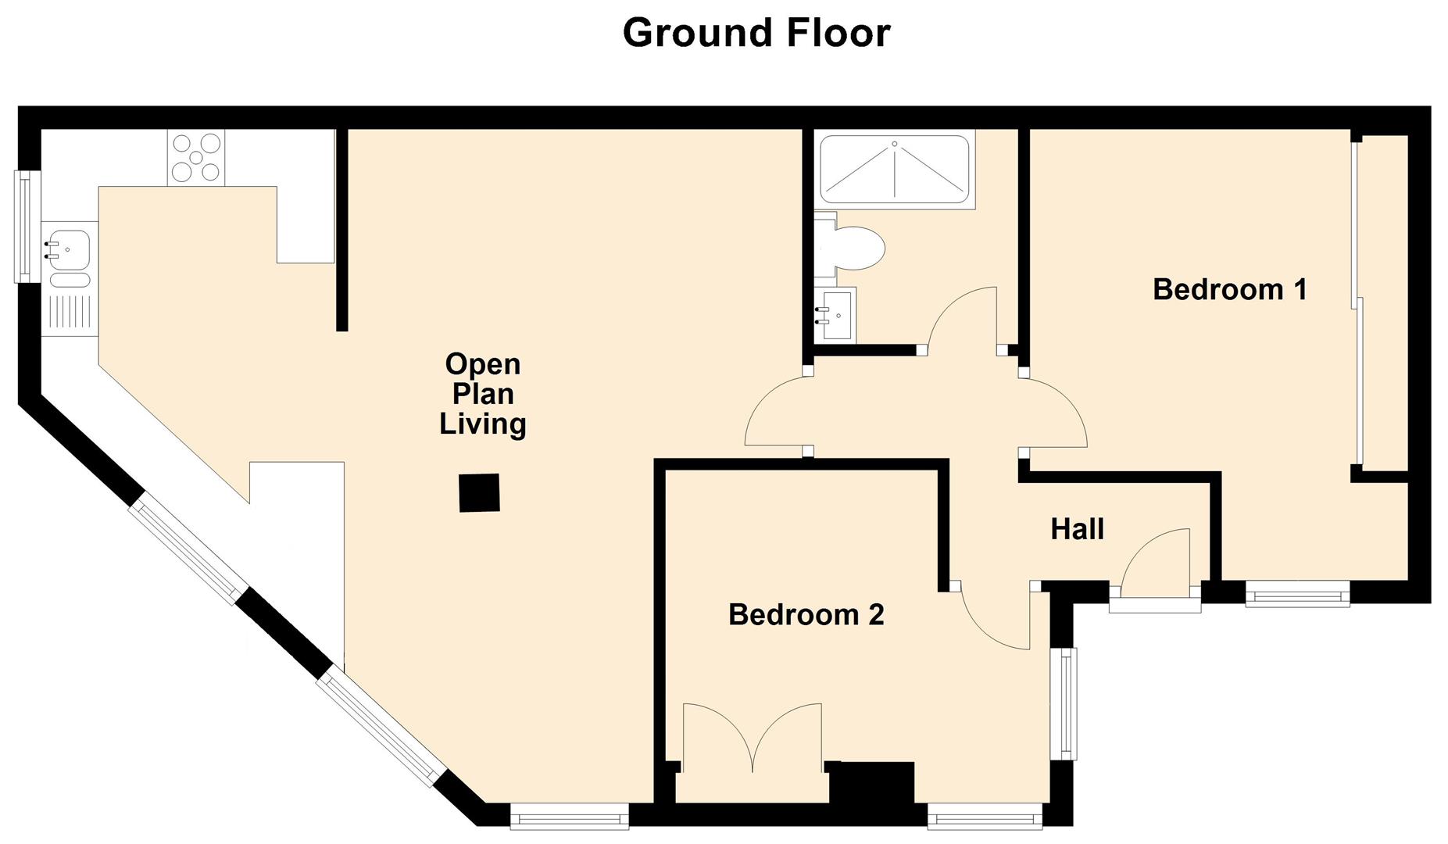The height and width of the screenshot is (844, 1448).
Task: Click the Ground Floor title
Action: click(x=756, y=33)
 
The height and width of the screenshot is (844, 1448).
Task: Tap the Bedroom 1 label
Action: click(x=1229, y=290)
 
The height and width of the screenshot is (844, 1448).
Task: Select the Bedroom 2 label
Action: click(x=806, y=615)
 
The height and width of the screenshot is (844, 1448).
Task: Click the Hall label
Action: click(x=1077, y=529)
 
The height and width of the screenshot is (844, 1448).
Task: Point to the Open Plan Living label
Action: click(x=482, y=394)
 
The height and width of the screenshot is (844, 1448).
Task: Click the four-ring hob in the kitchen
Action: click(x=195, y=158)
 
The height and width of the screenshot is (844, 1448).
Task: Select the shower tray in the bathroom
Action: click(x=894, y=170)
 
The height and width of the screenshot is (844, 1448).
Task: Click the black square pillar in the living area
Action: click(x=479, y=493)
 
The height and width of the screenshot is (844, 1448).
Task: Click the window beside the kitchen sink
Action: click(x=27, y=227)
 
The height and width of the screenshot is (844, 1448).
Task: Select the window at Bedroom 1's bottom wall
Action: click(x=1297, y=593)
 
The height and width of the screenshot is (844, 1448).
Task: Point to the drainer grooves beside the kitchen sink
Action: click(x=70, y=312)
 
